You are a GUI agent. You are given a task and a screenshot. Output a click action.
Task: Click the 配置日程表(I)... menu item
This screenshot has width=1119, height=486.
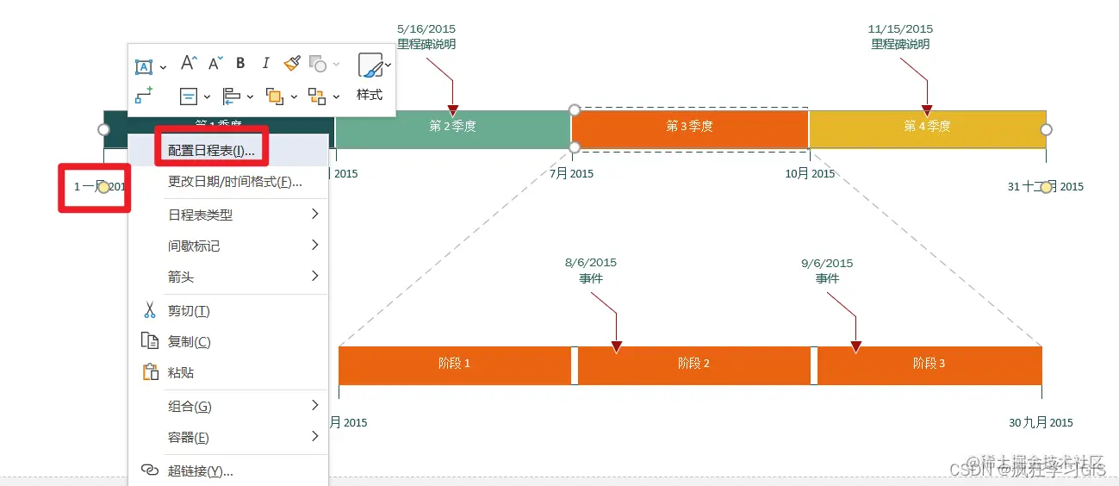coord(211,151)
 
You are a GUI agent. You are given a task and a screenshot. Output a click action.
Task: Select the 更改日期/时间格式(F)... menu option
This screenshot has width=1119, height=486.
coord(234,182)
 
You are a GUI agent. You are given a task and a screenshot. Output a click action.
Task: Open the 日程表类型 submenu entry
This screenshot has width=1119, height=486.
coord(200,215)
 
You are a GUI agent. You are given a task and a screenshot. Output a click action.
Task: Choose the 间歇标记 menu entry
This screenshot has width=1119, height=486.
coord(194,246)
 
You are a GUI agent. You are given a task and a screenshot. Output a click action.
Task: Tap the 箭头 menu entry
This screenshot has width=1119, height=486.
coord(180,277)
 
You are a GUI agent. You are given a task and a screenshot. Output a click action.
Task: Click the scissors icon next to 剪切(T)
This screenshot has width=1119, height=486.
coord(150,310)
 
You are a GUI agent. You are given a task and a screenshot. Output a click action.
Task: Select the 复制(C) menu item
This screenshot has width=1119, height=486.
coord(189,341)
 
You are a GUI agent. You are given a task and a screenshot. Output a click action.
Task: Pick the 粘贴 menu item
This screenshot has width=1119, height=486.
coord(180,372)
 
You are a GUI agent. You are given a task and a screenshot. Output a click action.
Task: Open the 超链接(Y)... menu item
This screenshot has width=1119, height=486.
coord(200,470)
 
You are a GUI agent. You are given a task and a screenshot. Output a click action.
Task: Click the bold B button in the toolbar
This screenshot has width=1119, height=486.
coord(240,63)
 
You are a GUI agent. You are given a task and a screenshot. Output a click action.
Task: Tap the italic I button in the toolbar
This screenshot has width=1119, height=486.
coord(266,63)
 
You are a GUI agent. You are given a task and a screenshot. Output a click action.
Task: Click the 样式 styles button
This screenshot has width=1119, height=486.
coord(370,77)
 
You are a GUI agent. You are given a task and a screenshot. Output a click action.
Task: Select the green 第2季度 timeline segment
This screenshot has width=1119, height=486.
coord(452,127)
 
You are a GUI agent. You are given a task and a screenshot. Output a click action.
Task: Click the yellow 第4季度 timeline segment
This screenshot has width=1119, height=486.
coord(927,127)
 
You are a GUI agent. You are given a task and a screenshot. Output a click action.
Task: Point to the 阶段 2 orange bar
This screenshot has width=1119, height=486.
coord(693,364)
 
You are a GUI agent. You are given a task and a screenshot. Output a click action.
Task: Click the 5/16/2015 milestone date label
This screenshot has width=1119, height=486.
coord(426,29)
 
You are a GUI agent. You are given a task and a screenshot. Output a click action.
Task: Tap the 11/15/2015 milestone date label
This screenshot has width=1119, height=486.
coord(900,29)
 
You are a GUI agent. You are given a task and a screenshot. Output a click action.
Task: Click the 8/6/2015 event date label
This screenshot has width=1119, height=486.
coord(591,263)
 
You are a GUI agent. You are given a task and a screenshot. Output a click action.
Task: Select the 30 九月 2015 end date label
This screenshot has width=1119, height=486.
coord(1041,422)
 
